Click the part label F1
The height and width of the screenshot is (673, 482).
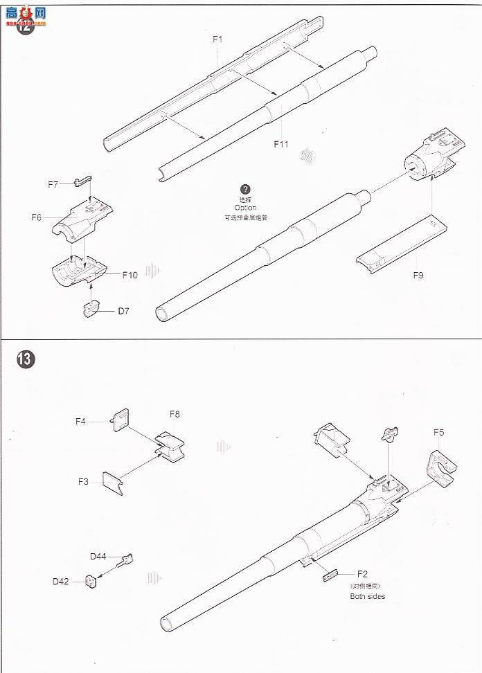pos(217,39)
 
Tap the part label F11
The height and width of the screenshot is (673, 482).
pos(280,144)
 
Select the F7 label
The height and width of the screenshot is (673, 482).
pos(53,184)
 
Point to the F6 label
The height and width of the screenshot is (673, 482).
pos(37,217)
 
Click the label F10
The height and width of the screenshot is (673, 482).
pos(130,275)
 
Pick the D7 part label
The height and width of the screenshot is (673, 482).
pos(123,311)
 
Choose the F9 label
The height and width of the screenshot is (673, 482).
pos(418,275)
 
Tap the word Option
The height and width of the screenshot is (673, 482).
pos(245,208)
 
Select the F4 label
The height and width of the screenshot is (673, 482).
pos(81,420)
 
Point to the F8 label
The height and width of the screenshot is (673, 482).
pos(175,414)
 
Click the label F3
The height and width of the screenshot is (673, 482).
pos(84,481)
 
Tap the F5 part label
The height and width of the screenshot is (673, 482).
pos(439,433)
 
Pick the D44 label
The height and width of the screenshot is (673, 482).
pos(98,556)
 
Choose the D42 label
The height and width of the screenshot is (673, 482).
pos(61,582)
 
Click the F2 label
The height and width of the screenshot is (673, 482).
pos(363,574)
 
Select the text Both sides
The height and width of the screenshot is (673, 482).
pos(367,596)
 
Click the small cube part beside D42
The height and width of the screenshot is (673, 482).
pos(91,581)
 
